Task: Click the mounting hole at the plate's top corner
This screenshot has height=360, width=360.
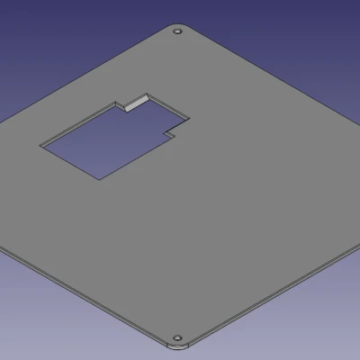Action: tap(177, 31)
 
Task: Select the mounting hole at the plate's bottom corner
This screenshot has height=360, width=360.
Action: tap(176, 337)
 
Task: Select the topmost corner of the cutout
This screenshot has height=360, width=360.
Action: tap(146, 92)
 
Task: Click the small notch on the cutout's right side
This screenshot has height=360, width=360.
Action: tap(168, 135)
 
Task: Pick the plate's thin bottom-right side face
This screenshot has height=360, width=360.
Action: tap(270, 297)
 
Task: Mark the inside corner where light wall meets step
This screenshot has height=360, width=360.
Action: tap(125, 108)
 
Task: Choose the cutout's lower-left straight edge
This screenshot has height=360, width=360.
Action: tap(70, 161)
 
